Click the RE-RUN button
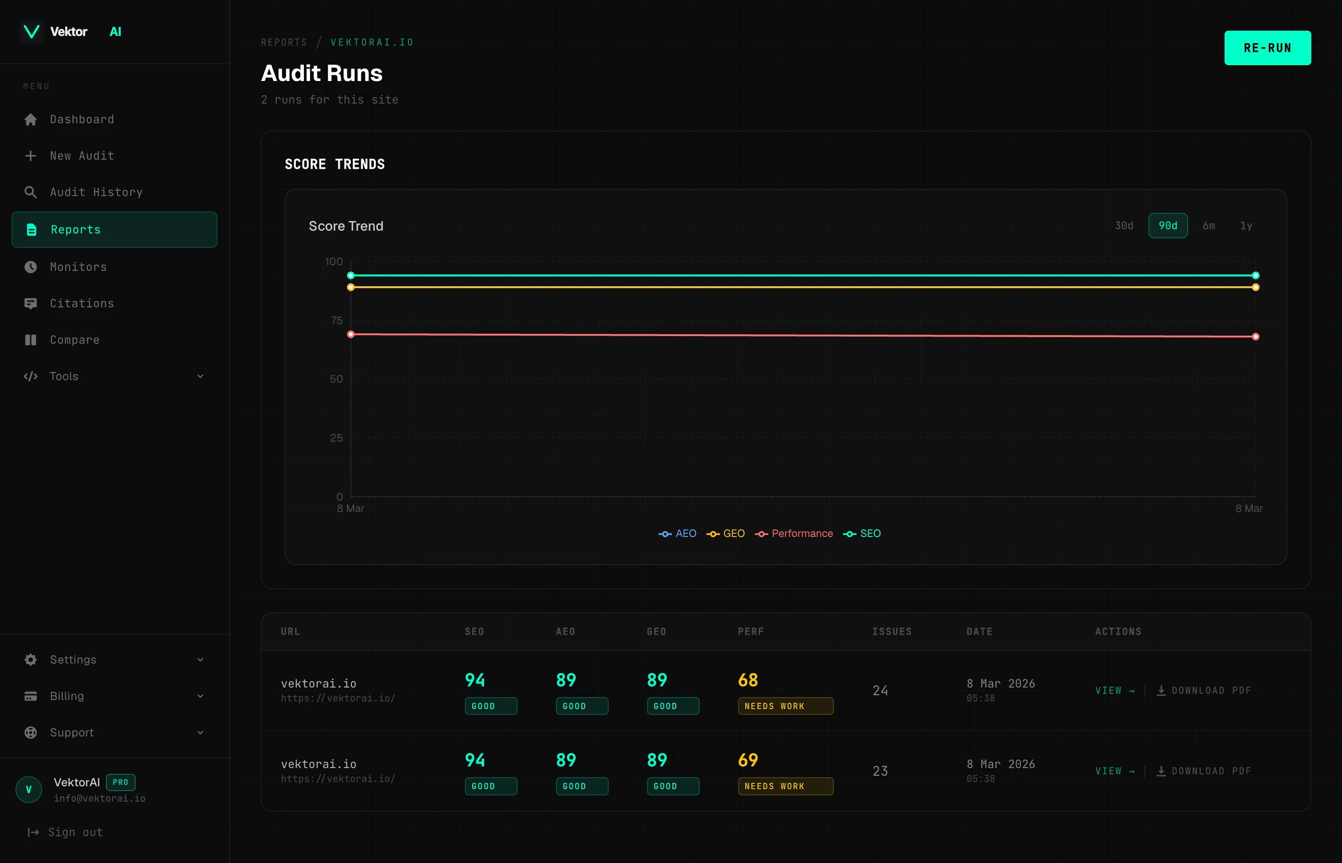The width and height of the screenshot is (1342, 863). (1267, 48)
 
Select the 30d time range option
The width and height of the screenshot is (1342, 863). (1123, 226)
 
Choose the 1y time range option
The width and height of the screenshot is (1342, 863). (1246, 226)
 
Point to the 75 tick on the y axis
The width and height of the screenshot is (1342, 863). (336, 321)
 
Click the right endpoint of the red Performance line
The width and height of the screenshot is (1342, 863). (1255, 337)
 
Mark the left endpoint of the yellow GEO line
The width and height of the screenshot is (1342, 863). (351, 288)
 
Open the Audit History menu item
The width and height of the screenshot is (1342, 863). (96, 192)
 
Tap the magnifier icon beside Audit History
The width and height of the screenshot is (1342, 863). (31, 192)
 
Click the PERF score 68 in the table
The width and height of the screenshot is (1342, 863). (748, 680)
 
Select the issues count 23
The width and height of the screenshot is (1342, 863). (880, 771)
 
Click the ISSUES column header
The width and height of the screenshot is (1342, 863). (891, 631)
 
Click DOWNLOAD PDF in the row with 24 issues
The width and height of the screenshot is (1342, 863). (1210, 690)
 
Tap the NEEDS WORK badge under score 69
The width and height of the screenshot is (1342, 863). (785, 786)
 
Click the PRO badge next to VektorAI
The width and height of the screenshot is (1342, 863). (120, 782)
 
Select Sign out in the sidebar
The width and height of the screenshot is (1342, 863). (75, 832)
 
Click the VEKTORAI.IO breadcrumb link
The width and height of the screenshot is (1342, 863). (371, 43)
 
